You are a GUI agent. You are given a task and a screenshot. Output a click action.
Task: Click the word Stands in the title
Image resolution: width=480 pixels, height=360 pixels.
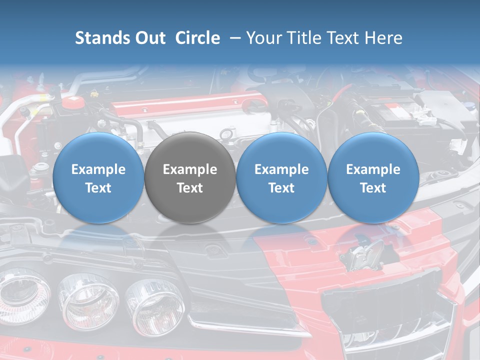pyautogui.click(x=99, y=38)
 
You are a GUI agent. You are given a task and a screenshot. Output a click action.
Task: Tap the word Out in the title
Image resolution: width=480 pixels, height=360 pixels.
pyautogui.click(x=148, y=38)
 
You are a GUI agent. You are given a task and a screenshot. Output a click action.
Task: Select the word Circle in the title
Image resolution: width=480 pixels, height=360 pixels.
pyautogui.click(x=197, y=38)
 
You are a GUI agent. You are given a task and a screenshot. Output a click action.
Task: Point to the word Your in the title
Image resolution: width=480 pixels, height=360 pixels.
pyautogui.click(x=263, y=38)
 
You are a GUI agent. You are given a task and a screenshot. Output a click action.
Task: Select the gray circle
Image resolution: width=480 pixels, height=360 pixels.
pyautogui.click(x=190, y=177)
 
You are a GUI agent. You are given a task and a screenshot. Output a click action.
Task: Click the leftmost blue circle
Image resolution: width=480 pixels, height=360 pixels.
pyautogui.click(x=98, y=177)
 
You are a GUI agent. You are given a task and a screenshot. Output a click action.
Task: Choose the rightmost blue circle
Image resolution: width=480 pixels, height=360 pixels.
pyautogui.click(x=373, y=177)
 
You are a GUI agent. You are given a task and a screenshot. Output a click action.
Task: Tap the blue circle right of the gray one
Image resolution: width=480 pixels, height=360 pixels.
pyautogui.click(x=281, y=177)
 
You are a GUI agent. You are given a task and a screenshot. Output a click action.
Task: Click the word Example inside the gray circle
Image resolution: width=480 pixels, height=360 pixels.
pyautogui.click(x=190, y=169)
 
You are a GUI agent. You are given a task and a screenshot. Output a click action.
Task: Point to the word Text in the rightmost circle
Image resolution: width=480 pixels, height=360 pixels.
pyautogui.click(x=373, y=188)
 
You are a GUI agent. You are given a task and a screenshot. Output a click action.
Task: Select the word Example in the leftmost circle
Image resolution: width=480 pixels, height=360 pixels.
pyautogui.click(x=98, y=169)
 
